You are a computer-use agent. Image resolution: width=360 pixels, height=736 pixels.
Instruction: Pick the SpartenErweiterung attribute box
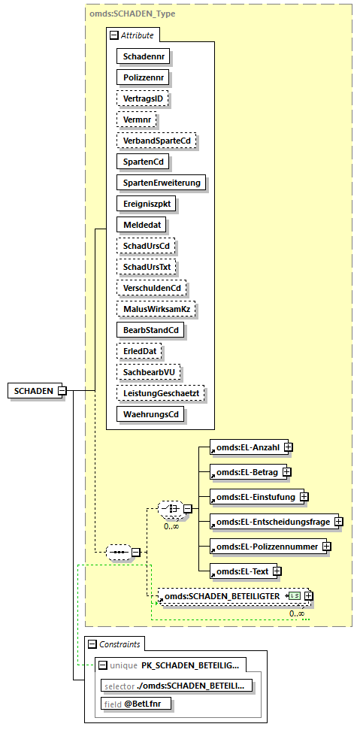[x=162, y=182]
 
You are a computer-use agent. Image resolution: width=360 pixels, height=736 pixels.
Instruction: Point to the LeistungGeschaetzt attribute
[x=162, y=392]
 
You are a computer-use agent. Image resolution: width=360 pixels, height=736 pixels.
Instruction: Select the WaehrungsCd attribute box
[x=150, y=413]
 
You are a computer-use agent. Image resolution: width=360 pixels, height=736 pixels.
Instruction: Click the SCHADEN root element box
[x=33, y=390]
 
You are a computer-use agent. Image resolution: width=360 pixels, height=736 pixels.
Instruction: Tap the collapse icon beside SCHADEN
[x=62, y=390]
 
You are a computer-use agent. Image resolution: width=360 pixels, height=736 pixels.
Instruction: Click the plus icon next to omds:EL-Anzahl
[x=288, y=447]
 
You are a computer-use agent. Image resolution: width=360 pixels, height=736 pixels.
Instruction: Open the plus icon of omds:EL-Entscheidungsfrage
[x=338, y=521]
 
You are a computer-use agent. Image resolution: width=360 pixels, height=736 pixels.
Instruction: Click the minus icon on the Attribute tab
[x=113, y=35]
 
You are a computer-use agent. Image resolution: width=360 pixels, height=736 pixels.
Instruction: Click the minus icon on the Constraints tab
[x=92, y=644]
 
